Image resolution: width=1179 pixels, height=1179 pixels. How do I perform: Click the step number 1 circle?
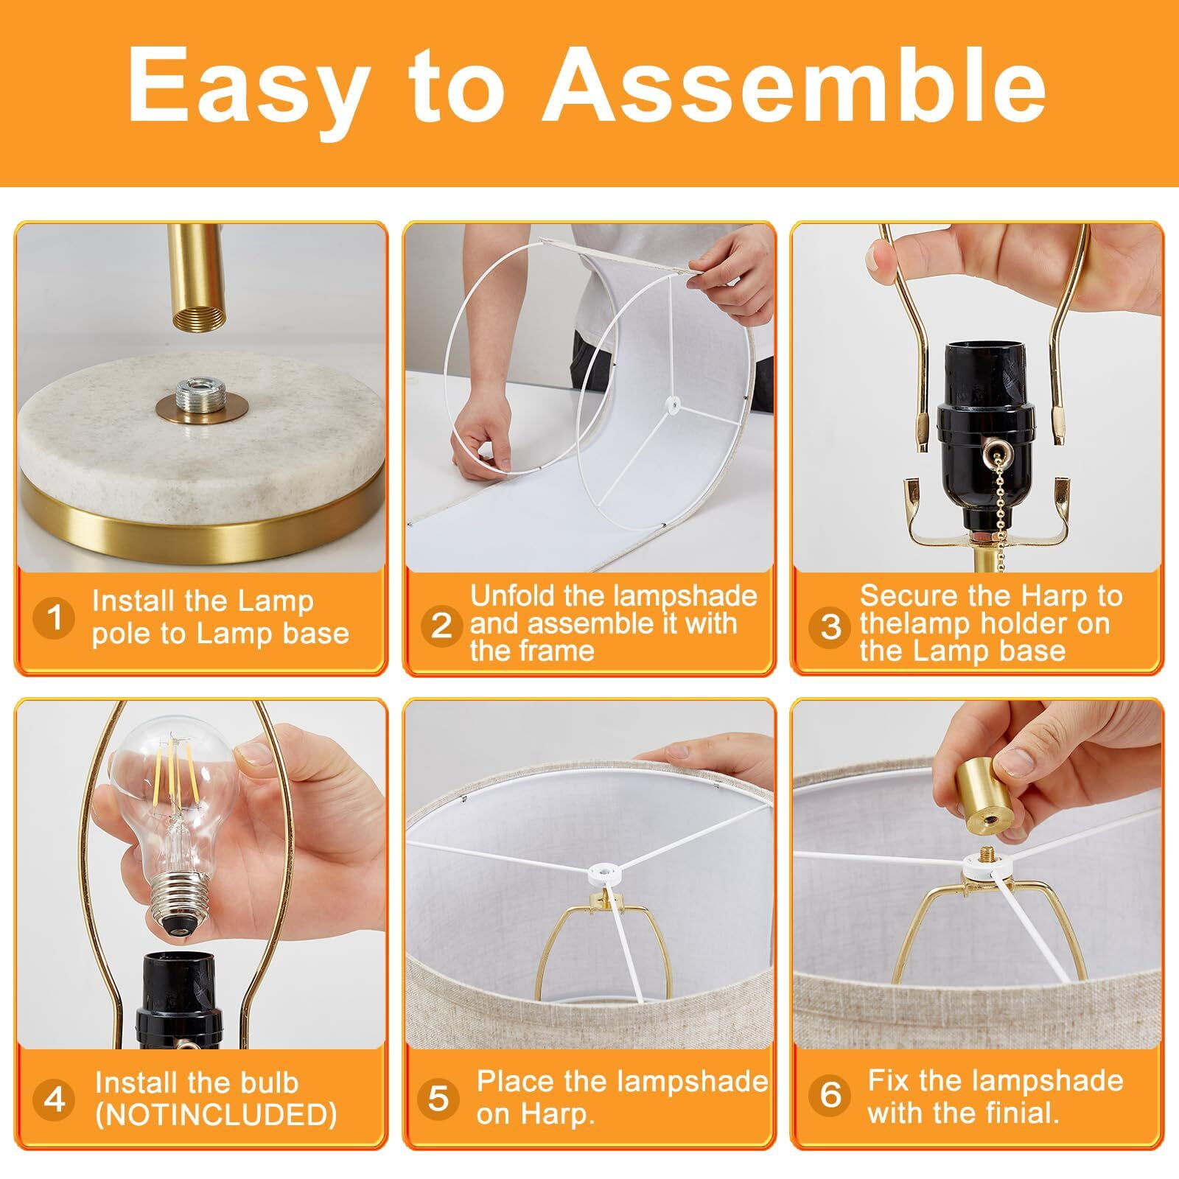(x=55, y=617)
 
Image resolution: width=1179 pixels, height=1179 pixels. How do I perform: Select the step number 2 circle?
(x=441, y=624)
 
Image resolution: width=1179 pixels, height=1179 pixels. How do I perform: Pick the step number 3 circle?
(x=830, y=626)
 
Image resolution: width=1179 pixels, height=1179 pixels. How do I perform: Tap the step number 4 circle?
(x=55, y=1099)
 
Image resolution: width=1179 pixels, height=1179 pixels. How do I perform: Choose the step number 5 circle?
(x=438, y=1097)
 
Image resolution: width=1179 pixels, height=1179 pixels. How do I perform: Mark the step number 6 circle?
(x=830, y=1094)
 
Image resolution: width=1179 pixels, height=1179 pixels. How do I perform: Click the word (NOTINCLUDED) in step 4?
(x=216, y=1115)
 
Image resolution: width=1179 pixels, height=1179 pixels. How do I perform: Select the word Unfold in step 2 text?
(x=512, y=595)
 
